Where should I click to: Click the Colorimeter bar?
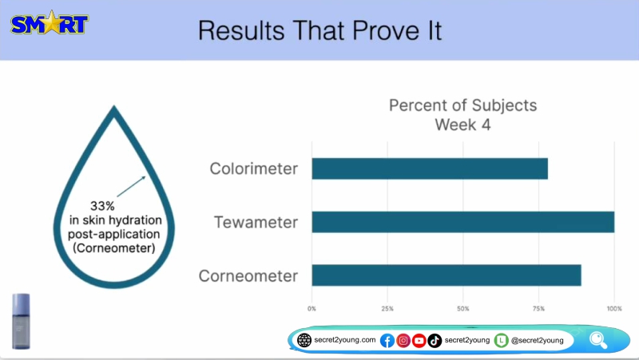pos(430,168)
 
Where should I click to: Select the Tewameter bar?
pos(463,222)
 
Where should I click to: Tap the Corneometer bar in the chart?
pos(447,275)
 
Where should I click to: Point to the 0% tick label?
pos(312,309)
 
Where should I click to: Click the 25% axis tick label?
pos(387,309)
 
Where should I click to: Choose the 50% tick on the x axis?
pos(463,309)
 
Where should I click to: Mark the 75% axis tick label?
pos(538,309)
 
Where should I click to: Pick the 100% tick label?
pos(614,309)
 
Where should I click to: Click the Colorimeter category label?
pos(253,168)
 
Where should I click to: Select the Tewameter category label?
pos(256,223)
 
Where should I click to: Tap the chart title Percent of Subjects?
pos(463,105)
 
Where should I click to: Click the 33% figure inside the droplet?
pos(102,206)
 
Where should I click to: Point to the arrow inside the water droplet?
pos(131,187)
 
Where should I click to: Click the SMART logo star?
pos(51,22)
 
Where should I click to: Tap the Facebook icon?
pos(387,341)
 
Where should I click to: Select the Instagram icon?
pos(403,341)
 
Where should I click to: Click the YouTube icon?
pos(419,341)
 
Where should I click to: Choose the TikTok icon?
pos(435,341)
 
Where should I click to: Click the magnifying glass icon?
pos(598,340)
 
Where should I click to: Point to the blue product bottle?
pos(21,322)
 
